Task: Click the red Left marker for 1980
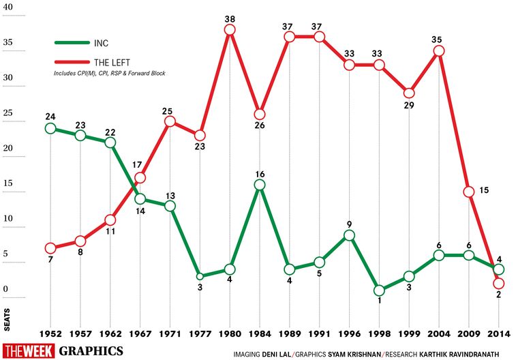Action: pos(230,30)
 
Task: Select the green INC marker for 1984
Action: pos(260,185)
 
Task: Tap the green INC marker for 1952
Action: pos(50,128)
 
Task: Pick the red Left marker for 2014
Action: pos(498,283)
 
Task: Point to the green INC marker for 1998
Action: pos(379,290)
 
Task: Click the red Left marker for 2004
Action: pos(438,51)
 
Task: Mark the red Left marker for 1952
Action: pos(50,248)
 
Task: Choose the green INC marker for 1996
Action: pos(349,235)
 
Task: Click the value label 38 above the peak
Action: pos(230,16)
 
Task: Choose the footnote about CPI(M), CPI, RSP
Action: pos(109,73)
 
